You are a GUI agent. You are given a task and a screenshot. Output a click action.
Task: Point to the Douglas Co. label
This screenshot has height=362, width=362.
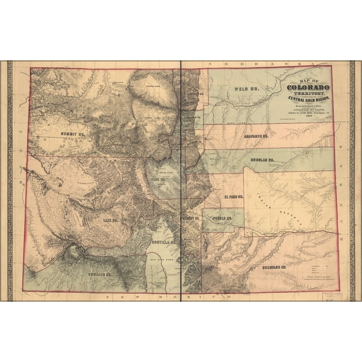point(263,160)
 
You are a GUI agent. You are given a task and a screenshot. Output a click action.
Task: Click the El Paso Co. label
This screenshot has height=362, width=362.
point(234,197)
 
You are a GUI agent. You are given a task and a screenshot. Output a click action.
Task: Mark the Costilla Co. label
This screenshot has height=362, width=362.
point(164,241)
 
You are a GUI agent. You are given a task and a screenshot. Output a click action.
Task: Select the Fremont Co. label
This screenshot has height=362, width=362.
point(190,218)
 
